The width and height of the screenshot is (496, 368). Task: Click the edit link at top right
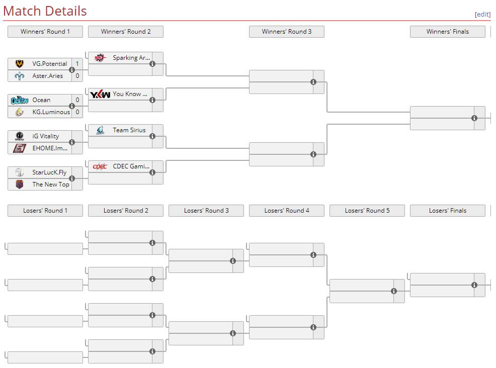pos(482,14)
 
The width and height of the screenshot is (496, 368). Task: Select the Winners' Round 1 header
pos(45,32)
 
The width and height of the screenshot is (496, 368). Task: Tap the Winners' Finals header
pos(447,32)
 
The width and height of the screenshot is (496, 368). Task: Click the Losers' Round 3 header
pos(206,211)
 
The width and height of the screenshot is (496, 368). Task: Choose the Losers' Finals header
pos(447,211)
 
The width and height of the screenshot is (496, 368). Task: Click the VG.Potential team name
pos(49,64)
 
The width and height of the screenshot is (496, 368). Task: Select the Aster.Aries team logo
pos(20,76)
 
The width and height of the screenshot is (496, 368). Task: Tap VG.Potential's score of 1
pos(77,64)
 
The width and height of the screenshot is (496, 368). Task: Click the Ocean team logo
pos(20,100)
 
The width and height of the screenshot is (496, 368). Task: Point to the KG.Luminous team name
pos(51,112)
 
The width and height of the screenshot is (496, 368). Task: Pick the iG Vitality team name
pos(45,136)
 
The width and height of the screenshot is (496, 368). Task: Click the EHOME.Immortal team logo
pos(20,148)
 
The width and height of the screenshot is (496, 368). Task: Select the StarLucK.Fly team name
pos(49,172)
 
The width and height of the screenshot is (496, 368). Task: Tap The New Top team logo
pos(20,185)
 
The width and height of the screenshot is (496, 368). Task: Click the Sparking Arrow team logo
pos(100,58)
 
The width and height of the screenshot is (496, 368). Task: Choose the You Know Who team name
pos(130,94)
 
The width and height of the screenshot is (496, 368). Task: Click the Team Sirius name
pos(129,130)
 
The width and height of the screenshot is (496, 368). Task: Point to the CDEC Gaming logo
pos(100,166)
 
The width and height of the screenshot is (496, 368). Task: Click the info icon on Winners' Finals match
pos(474,118)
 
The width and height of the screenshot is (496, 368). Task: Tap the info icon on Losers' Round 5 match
pos(394,291)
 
